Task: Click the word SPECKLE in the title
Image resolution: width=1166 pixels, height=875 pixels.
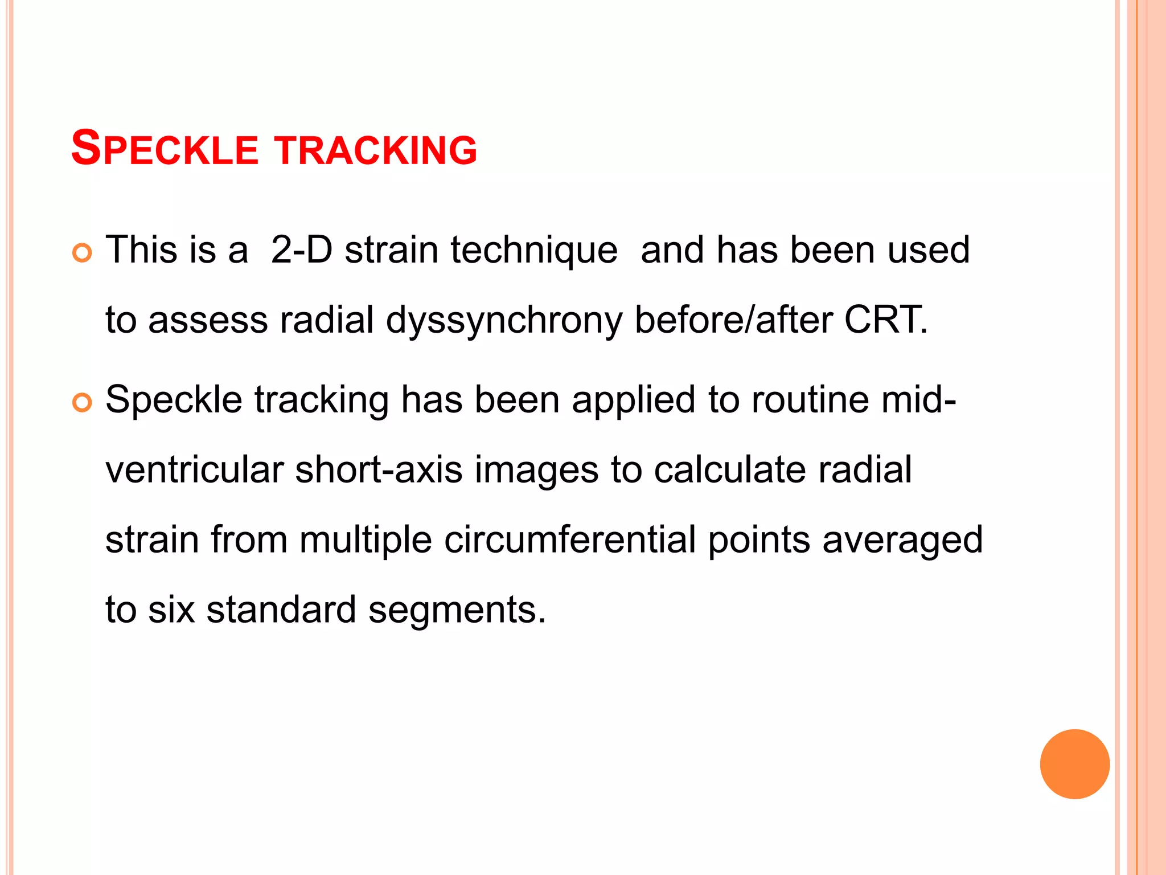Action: [165, 149]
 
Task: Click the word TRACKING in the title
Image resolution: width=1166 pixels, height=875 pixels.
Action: [376, 150]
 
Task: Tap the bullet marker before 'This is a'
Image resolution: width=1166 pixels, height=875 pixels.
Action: [83, 252]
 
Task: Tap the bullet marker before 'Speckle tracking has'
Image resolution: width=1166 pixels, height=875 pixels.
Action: [83, 403]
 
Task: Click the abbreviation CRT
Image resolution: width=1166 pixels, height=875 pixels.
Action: [885, 320]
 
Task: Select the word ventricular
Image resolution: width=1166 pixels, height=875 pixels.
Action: [194, 470]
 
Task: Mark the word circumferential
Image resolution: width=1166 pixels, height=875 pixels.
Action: [570, 539]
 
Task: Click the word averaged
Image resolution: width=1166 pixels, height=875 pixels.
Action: [902, 541]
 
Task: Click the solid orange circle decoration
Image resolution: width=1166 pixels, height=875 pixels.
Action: [1074, 764]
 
